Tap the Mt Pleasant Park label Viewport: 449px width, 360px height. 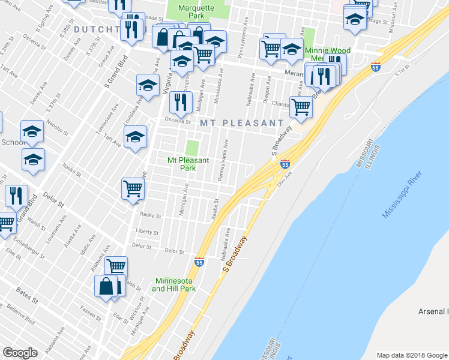click(188, 164)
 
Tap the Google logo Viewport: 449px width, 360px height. click(20, 353)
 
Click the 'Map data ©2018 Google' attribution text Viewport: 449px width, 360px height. click(412, 355)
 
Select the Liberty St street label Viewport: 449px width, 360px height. click(147, 232)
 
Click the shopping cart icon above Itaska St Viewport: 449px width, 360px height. click(133, 188)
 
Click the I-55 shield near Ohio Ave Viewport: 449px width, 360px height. click(285, 163)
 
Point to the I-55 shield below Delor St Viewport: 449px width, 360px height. click(199, 262)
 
